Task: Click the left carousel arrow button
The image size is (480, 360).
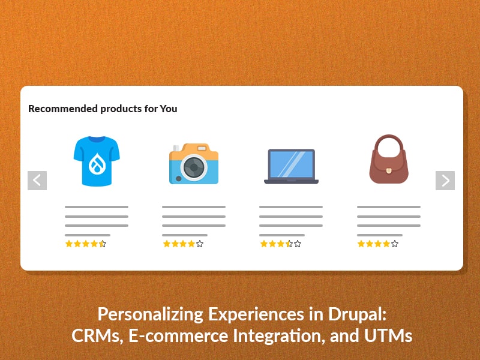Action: pos(37,181)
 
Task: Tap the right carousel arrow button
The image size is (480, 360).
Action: pos(445,181)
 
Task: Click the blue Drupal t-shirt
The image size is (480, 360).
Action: pos(97,161)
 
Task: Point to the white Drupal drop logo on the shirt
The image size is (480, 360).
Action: pos(97,163)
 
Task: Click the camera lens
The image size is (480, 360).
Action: pos(194,167)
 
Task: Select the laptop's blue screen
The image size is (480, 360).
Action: pos(292,164)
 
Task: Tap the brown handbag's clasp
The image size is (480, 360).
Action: pos(388,170)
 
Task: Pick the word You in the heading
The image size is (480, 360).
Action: pos(169,109)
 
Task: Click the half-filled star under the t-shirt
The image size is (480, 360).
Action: pos(103,244)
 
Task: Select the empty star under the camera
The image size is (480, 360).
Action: pos(200,244)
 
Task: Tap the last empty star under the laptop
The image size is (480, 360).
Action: pos(298,244)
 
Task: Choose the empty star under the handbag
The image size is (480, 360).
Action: pos(395,244)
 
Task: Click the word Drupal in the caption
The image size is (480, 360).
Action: pos(357,314)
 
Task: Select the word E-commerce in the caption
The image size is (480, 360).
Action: pos(178,335)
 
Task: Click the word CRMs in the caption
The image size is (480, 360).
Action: pos(97,336)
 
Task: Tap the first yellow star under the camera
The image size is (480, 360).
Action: pos(167,244)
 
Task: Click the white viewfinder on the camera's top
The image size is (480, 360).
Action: pos(202,148)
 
